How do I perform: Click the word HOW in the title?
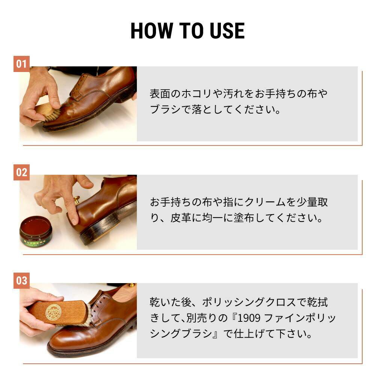click(151, 31)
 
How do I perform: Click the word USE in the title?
click(227, 31)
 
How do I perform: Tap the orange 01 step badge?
click(21, 64)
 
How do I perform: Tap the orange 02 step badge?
click(21, 172)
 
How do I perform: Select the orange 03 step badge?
click(21, 280)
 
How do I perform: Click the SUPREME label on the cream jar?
click(35, 242)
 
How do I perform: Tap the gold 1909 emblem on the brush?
click(53, 312)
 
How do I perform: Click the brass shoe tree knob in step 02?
click(77, 200)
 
